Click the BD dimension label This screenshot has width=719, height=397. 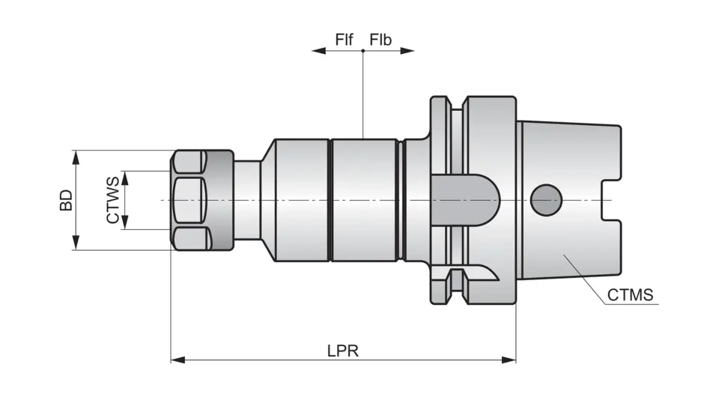pyautogui.click(x=67, y=200)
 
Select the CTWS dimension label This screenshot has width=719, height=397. pyautogui.click(x=112, y=200)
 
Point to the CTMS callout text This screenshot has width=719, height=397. pyautogui.click(x=630, y=295)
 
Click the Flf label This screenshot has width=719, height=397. pyautogui.click(x=344, y=40)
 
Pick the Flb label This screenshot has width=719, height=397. pyautogui.click(x=380, y=40)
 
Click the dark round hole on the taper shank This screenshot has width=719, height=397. pyautogui.click(x=545, y=199)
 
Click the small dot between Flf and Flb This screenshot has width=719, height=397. pyautogui.click(x=362, y=51)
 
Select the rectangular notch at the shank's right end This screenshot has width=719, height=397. pyautogui.click(x=612, y=199)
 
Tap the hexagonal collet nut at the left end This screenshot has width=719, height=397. pyautogui.click(x=192, y=199)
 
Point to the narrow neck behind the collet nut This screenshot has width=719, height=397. pyautogui.click(x=247, y=199)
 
